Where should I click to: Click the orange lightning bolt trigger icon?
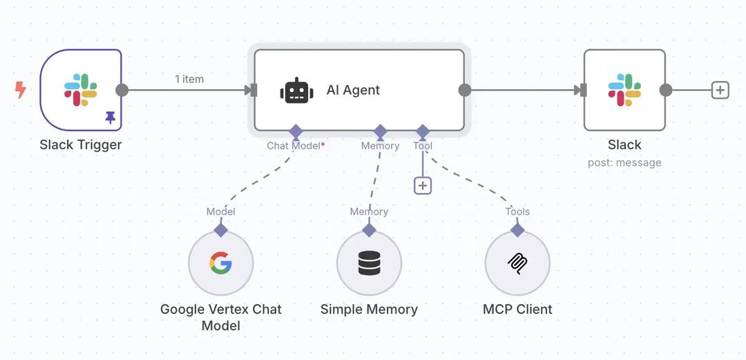click(21, 89)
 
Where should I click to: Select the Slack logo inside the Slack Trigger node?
click(81, 90)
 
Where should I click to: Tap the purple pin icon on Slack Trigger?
click(111, 118)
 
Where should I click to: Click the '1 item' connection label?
click(189, 79)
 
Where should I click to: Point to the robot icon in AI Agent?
click(296, 91)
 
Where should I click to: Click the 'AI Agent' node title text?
click(353, 91)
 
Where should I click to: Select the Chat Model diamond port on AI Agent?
click(296, 131)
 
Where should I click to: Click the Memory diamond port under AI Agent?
click(380, 131)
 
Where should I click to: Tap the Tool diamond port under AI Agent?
click(423, 131)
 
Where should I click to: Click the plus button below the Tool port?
click(423, 185)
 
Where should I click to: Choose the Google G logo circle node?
click(221, 263)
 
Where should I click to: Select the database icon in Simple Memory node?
click(370, 263)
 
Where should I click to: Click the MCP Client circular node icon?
click(517, 263)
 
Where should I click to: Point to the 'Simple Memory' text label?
click(369, 310)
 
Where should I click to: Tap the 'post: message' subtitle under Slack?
click(624, 163)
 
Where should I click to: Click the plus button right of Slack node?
click(720, 91)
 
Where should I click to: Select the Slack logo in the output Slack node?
click(624, 91)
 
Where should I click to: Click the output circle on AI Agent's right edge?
click(465, 91)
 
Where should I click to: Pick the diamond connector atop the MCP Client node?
click(517, 230)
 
